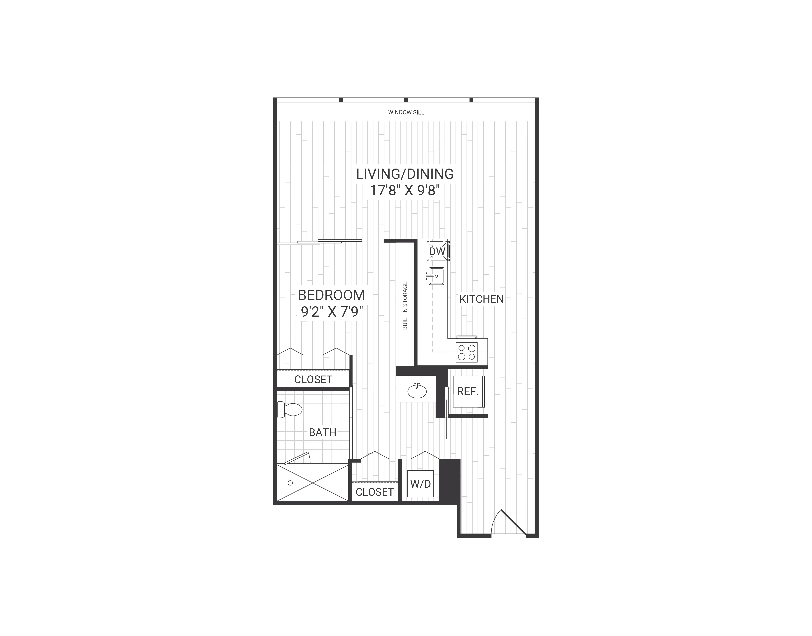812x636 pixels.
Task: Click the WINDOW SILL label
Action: [x=406, y=112]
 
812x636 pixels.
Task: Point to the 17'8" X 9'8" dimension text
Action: [x=405, y=191]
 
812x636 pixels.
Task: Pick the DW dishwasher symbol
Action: [x=437, y=251]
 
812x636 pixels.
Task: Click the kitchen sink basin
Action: [x=436, y=276]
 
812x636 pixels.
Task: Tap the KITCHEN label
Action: [x=481, y=299]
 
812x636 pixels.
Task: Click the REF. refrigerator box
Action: [x=468, y=391]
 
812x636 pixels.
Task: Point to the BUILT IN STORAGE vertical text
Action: [x=405, y=305]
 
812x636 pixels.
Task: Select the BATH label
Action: [x=323, y=432]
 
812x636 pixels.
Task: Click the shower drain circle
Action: [x=290, y=483]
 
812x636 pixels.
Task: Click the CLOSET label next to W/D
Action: [x=374, y=492]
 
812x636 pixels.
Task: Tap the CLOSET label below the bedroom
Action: [x=313, y=379]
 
